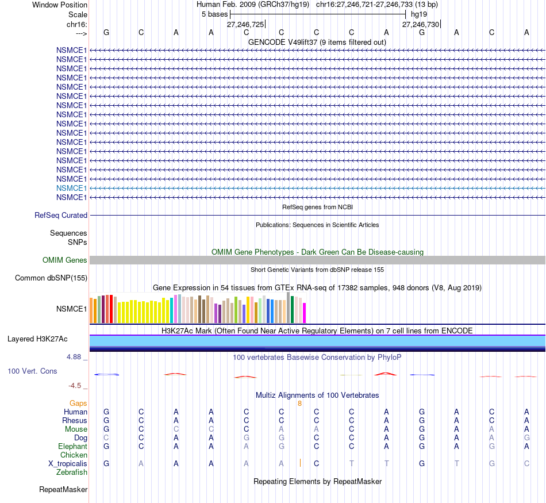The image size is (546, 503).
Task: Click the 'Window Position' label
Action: coord(60,5)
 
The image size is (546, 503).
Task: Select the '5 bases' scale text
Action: coord(214,14)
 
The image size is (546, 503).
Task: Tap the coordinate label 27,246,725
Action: coord(245,24)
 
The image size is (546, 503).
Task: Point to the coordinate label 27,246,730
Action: coord(421,24)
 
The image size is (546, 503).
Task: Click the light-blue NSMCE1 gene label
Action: coord(71,188)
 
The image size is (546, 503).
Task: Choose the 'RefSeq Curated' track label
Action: coord(61,216)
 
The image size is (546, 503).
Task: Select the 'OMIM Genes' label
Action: coord(65,260)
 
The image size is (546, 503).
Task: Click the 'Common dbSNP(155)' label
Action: coord(51,278)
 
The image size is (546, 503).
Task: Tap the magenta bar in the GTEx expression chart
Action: coord(305,313)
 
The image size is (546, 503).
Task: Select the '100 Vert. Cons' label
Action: coord(32,371)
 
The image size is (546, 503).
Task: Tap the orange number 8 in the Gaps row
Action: coord(299,404)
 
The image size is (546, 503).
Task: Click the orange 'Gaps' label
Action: coord(78,404)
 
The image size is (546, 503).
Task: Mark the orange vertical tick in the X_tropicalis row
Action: coord(300,463)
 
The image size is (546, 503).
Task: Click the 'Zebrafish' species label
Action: coord(72,473)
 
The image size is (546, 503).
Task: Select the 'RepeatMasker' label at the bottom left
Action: coord(63,490)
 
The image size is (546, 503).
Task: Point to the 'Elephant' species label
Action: coord(72,446)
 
